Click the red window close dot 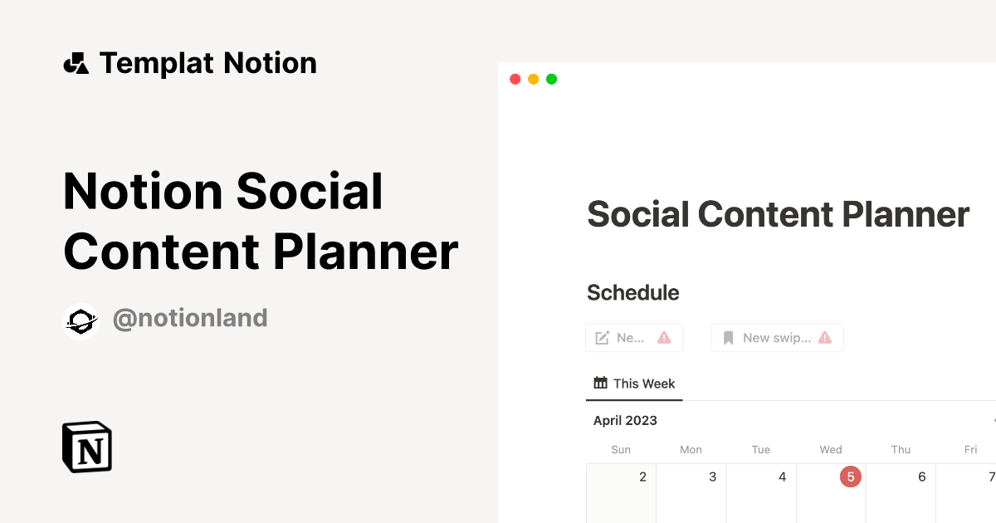[515, 79]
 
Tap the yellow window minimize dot [533, 79]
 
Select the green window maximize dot [551, 79]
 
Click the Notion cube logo [87, 447]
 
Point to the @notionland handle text [190, 318]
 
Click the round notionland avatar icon [81, 321]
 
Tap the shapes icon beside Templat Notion [76, 63]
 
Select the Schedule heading [632, 293]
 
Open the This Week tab [634, 384]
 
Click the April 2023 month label [625, 421]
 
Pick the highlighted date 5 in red [851, 477]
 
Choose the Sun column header [621, 450]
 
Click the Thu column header [901, 450]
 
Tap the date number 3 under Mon [712, 477]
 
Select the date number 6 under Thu [921, 477]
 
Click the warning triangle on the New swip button [824, 338]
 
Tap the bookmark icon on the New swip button [729, 338]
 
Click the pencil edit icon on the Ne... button [603, 338]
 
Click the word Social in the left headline [310, 192]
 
